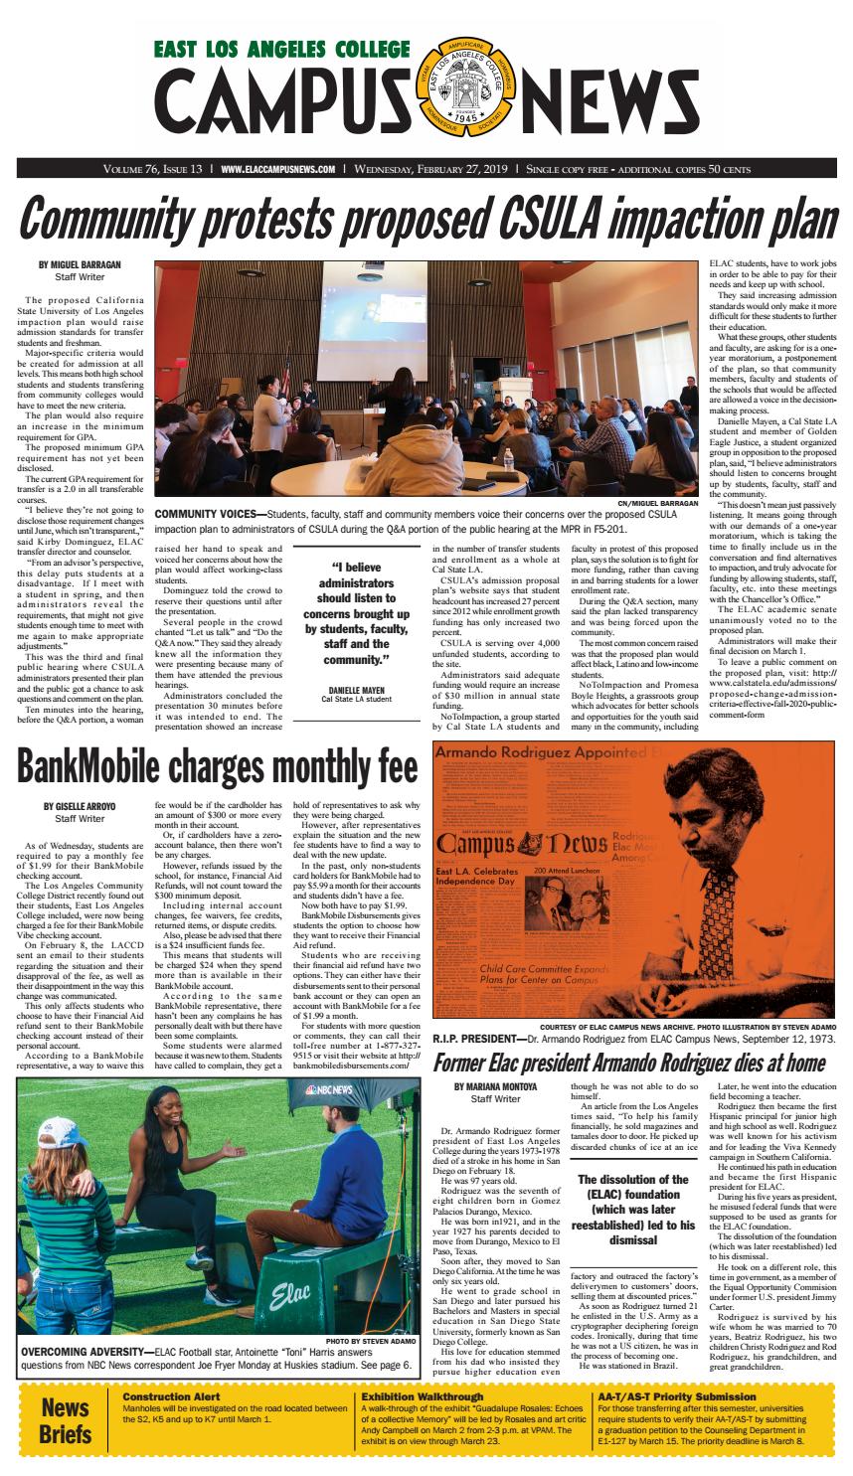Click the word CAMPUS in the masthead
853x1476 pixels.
283,109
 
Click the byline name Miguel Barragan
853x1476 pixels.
79,264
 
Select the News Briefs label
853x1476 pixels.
65,1421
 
